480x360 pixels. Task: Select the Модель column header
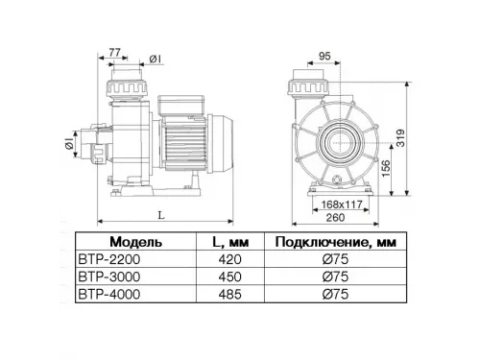142,242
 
